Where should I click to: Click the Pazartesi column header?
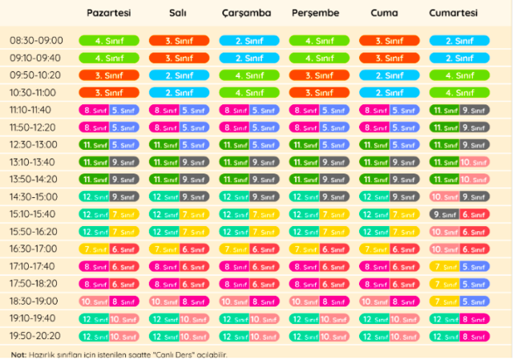click(x=109, y=14)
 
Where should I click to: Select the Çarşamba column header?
click(x=246, y=14)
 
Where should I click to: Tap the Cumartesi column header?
click(x=453, y=14)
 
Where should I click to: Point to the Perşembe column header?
click(x=315, y=14)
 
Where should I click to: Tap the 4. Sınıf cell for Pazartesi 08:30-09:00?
click(x=109, y=41)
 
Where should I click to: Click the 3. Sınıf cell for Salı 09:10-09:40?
click(x=179, y=58)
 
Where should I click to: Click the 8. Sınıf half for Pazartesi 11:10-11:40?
click(x=94, y=110)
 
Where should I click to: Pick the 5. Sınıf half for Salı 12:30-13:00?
click(x=194, y=145)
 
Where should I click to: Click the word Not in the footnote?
click(x=18, y=354)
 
